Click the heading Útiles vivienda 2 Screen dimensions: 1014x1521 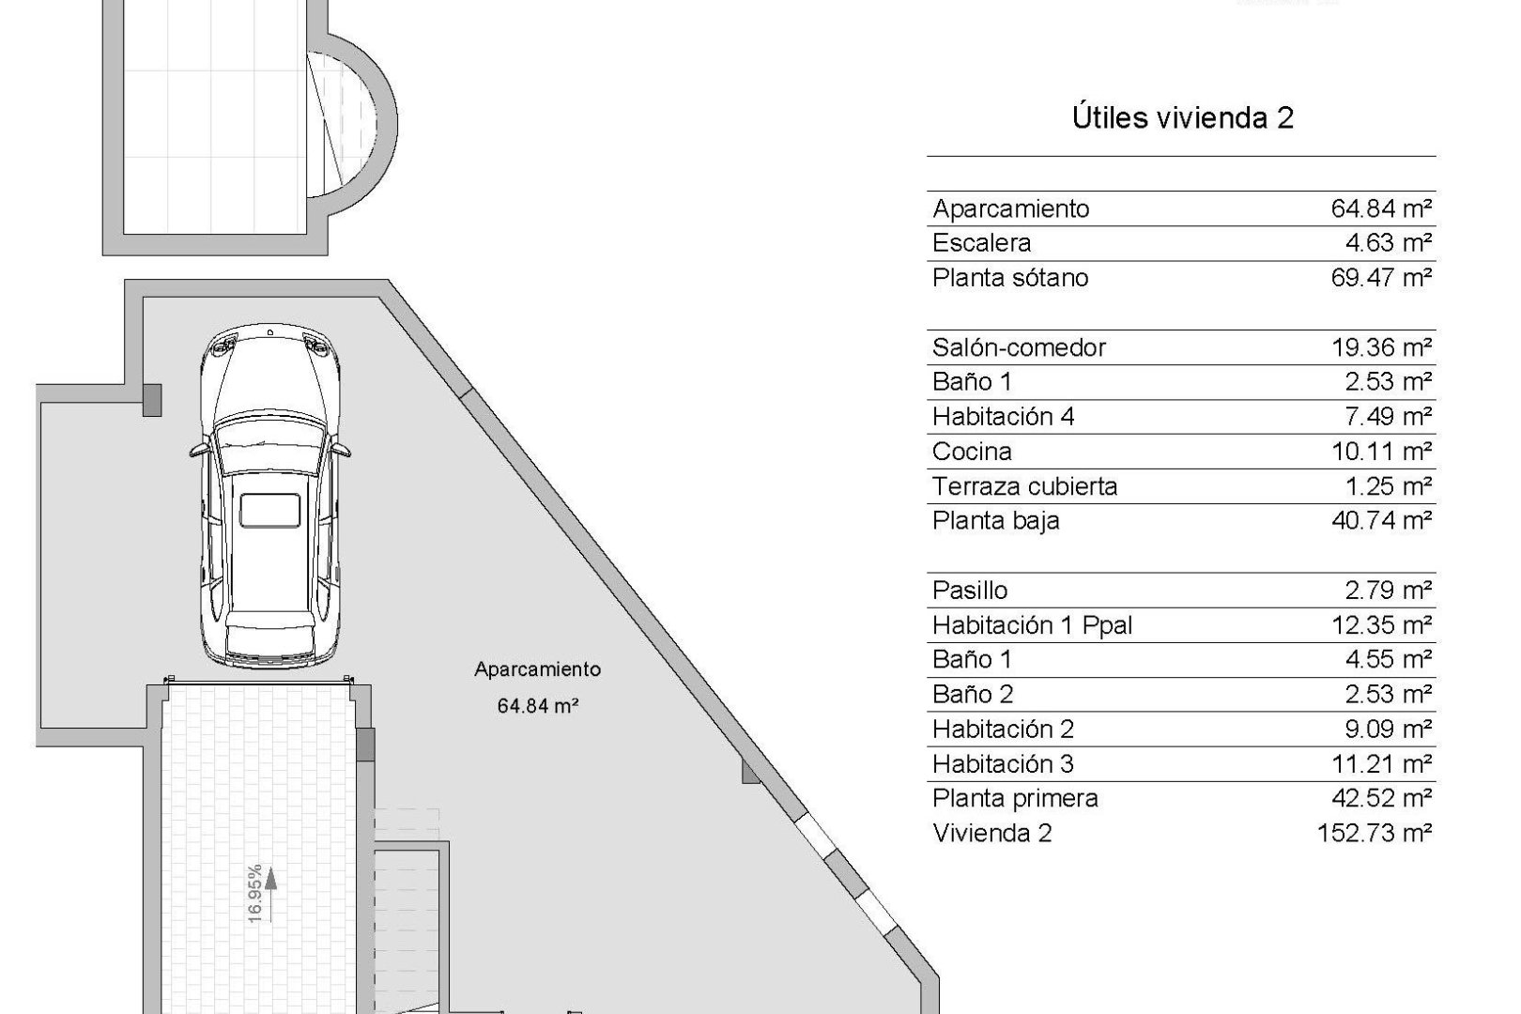pos(1182,118)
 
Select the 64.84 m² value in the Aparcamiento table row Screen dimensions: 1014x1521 pos(1380,208)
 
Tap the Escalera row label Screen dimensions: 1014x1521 pos(981,243)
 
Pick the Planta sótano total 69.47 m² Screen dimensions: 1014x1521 pos(1380,278)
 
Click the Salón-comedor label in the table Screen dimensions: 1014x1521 pos(1019,347)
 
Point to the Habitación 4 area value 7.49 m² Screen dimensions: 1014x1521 pos(1388,417)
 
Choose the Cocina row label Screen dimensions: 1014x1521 pos(972,452)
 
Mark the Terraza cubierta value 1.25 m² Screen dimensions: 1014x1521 pos(1388,486)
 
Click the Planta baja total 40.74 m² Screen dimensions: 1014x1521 pos(1380,520)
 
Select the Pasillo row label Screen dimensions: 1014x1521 pos(970,591)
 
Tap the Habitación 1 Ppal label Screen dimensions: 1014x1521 pos(1032,625)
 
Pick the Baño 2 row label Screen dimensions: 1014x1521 pos(973,695)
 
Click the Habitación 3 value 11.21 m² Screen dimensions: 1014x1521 pos(1380,764)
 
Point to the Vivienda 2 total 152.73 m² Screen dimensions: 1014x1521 pos(1375,834)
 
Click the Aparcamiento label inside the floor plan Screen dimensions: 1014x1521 pos(537,669)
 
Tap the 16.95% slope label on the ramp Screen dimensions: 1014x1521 pos(254,894)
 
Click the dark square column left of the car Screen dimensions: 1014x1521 pos(151,400)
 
